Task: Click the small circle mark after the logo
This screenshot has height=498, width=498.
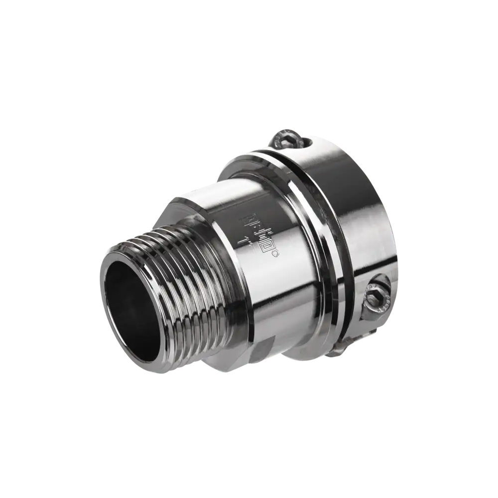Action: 277,256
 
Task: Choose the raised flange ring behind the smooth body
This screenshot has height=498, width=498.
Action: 294,234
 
